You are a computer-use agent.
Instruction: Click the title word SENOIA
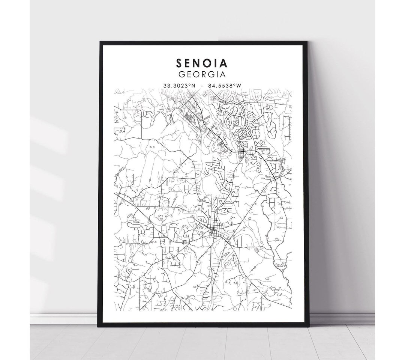tap(202, 62)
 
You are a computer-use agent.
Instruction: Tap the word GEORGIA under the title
tap(202, 74)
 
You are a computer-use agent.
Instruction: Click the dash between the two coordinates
tap(202, 86)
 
